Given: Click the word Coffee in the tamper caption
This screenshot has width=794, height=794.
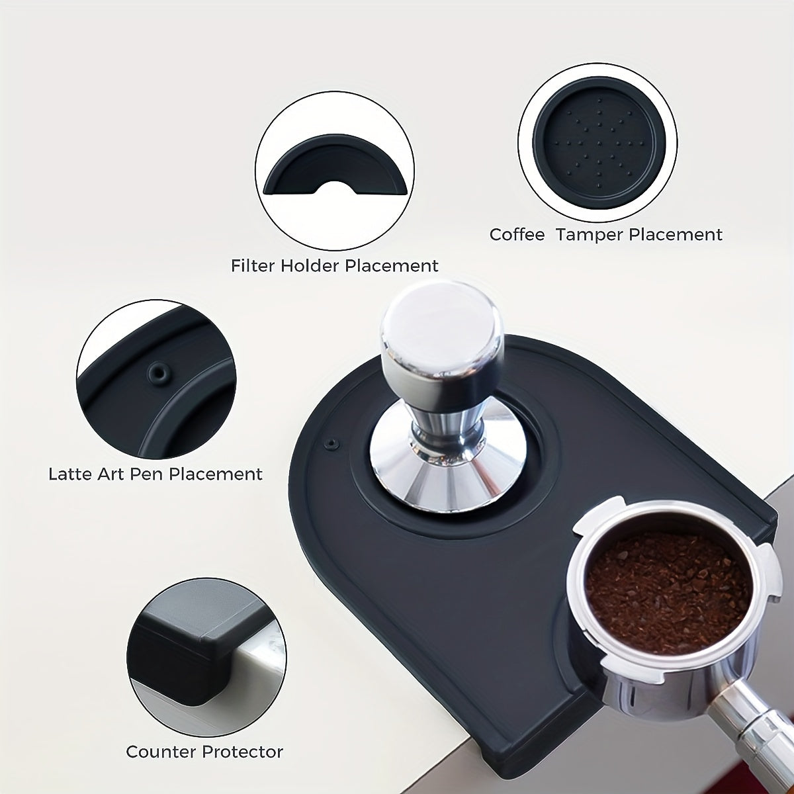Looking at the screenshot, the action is (x=517, y=235).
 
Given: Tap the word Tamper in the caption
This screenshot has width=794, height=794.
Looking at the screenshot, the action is (x=590, y=236).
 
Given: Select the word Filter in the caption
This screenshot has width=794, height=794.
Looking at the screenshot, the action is (x=253, y=266).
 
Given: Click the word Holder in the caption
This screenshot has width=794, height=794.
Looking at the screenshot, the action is (x=310, y=266).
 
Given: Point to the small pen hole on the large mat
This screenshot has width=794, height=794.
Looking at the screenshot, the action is (x=331, y=443).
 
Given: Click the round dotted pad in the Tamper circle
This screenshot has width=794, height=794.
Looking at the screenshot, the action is (x=599, y=144).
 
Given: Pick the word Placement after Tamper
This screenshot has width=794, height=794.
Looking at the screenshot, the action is (x=676, y=235).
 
